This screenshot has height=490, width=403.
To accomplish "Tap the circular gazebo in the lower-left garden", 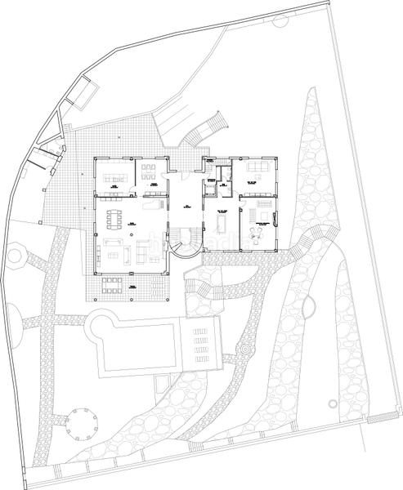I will (x=83, y=421).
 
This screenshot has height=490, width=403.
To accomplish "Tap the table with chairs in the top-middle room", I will (x=149, y=172).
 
